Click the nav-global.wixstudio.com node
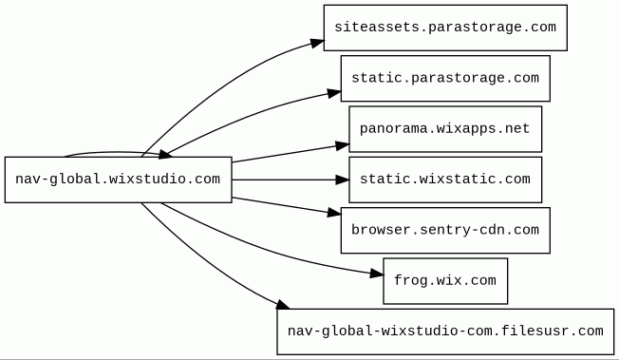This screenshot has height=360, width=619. tap(118, 180)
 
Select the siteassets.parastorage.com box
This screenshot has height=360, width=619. tap(445, 28)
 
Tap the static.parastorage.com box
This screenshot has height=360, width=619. tap(445, 78)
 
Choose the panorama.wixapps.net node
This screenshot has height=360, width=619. tap(445, 129)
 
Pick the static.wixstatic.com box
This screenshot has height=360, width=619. tap(445, 180)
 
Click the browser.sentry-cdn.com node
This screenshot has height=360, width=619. tap(445, 231)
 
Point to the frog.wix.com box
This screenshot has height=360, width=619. tap(445, 281)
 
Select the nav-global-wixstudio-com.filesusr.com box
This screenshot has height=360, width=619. tap(445, 332)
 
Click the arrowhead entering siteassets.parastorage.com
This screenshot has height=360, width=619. tap(317, 43)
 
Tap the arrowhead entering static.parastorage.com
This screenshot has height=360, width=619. tap(334, 94)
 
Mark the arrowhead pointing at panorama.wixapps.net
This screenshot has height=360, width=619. tap(343, 146)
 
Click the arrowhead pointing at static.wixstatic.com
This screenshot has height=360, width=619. tap(343, 180)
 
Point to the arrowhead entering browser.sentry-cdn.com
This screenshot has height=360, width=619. tap(334, 214)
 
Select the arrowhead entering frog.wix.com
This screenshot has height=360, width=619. tap(377, 273)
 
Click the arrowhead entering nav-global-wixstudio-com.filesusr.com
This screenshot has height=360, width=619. tap(283, 305)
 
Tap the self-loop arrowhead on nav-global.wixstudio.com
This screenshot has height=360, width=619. tap(165, 155)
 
